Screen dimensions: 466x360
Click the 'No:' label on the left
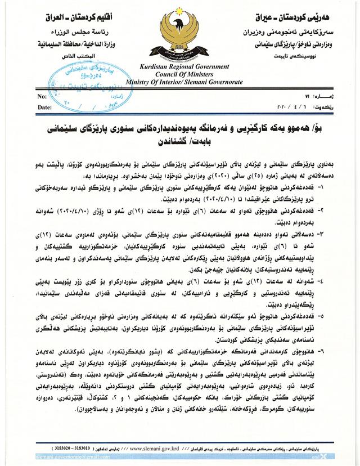click(x=42, y=97)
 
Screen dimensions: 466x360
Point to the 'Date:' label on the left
click(x=44, y=106)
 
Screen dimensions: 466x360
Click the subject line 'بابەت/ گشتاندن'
click(x=180, y=143)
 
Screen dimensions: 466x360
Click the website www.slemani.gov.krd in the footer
click(x=169, y=448)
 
